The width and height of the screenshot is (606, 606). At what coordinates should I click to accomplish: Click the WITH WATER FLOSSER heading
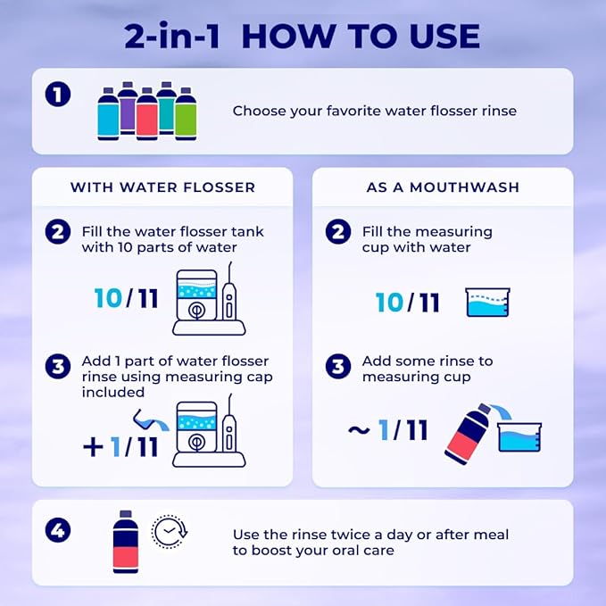(x=162, y=187)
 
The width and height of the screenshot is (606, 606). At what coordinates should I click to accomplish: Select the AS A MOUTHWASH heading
(x=443, y=187)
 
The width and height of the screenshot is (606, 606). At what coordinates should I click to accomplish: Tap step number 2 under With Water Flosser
(x=57, y=231)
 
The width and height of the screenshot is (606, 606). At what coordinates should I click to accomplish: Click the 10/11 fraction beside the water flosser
(x=126, y=298)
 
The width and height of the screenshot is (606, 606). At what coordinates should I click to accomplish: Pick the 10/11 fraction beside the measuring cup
(x=408, y=302)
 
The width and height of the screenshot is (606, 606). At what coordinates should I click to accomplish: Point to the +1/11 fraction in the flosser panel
(x=120, y=445)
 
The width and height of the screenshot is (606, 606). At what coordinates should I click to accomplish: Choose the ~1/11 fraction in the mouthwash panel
(x=387, y=431)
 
